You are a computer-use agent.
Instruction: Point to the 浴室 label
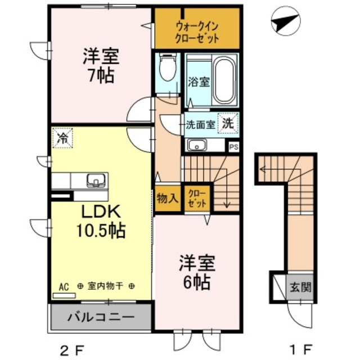[199, 82]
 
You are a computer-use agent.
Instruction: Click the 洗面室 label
[200, 125]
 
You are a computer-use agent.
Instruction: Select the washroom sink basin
[197, 145]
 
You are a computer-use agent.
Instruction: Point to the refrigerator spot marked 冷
[64, 137]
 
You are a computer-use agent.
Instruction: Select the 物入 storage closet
[167, 198]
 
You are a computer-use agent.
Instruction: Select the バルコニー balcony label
[101, 317]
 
